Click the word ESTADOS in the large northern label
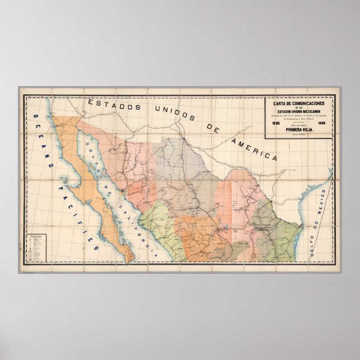click(x=112, y=105)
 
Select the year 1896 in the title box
click(x=324, y=124)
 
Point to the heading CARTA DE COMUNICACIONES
click(x=300, y=103)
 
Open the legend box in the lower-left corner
click(x=37, y=249)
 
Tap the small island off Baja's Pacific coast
click(x=68, y=180)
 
